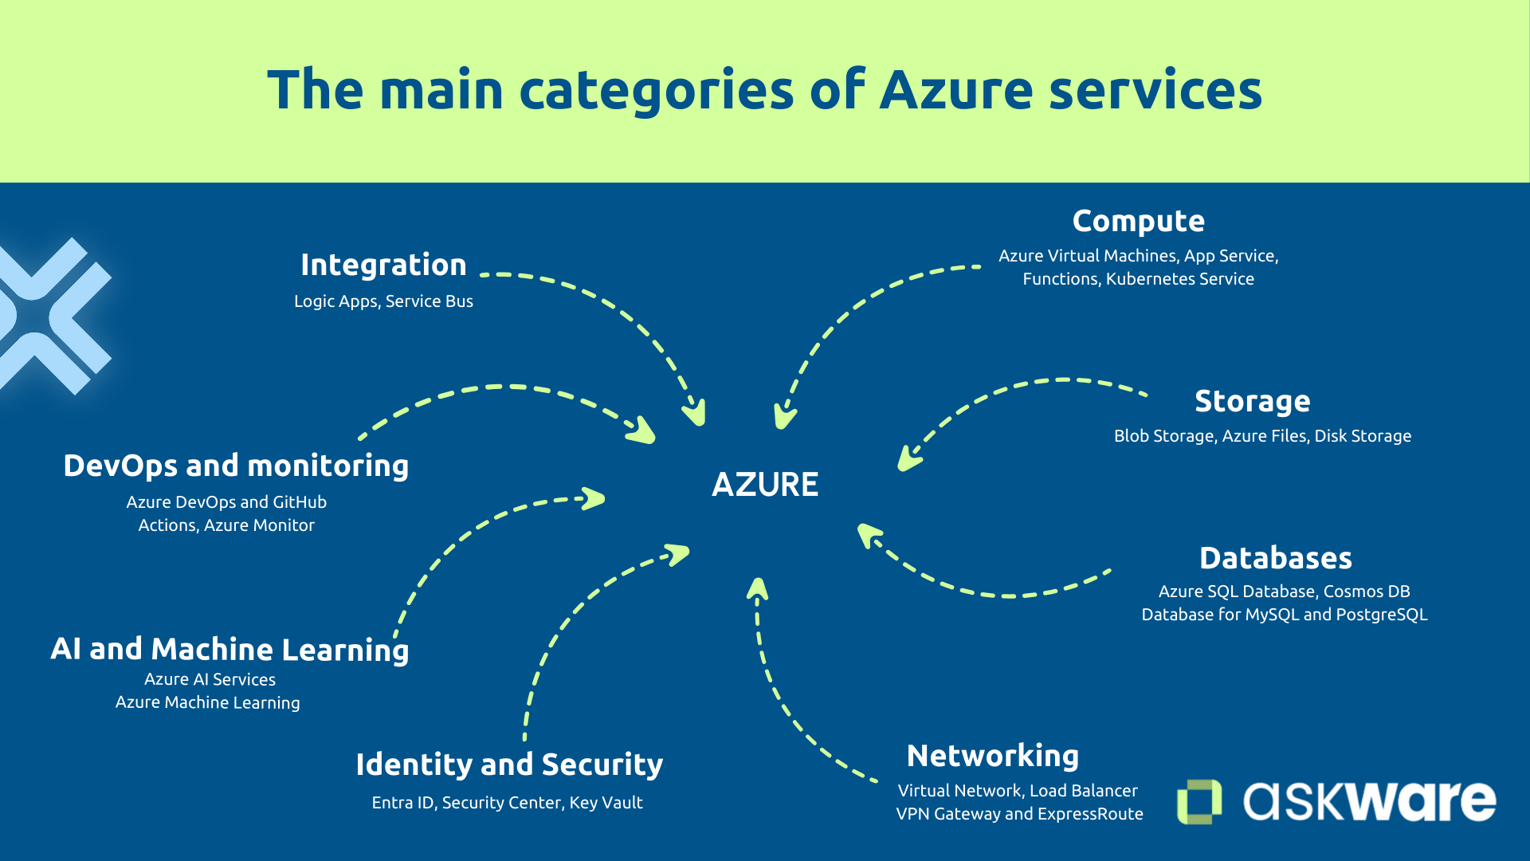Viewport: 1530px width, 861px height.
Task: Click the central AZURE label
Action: pos(765,485)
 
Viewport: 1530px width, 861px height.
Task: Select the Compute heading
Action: pos(1138,222)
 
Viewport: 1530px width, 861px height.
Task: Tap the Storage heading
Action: pos(1252,401)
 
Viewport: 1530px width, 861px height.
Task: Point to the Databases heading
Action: pos(1275,558)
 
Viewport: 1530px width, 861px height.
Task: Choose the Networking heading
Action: pos(992,756)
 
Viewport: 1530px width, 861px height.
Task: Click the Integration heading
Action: pos(383,265)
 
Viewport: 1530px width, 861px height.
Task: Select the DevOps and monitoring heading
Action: pos(236,466)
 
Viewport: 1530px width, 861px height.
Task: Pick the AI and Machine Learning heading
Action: pos(229,650)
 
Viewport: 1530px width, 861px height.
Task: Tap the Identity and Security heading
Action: pos(509,765)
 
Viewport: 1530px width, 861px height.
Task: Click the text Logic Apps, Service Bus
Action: pos(383,301)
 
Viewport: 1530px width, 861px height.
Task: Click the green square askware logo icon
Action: pos(1199,801)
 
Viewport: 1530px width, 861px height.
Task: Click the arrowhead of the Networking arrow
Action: pos(758,588)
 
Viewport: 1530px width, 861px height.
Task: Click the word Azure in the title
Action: pos(956,89)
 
